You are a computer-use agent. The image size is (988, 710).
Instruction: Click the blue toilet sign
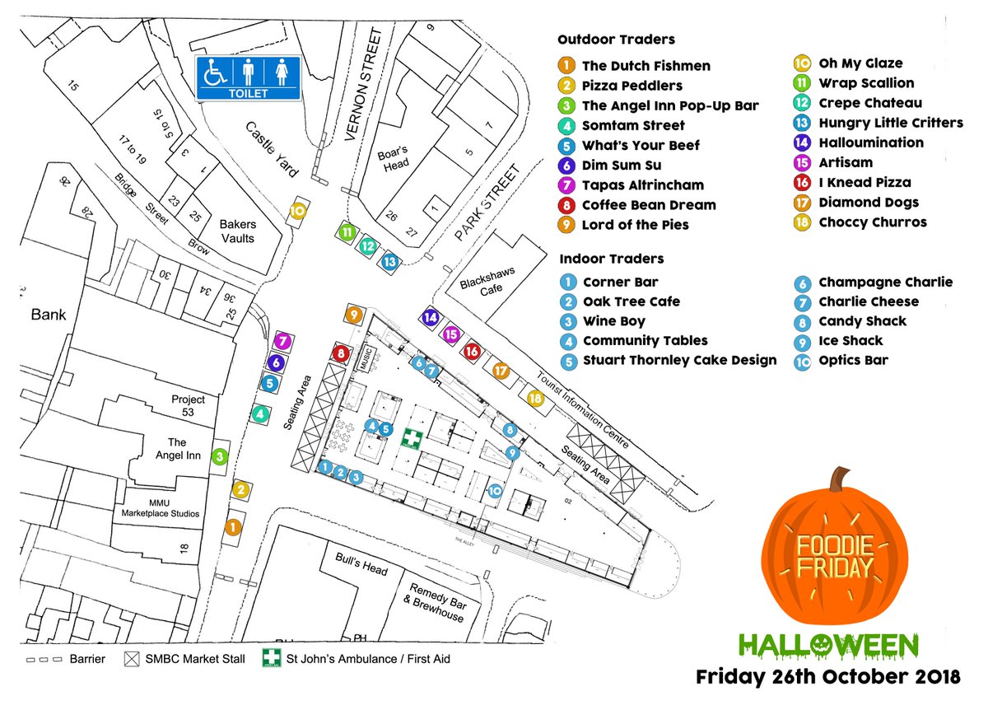248,79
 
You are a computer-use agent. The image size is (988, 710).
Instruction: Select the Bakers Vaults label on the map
237,231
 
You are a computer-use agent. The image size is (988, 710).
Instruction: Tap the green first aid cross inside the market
409,438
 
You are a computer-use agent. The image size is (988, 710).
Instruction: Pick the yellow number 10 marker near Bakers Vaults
297,211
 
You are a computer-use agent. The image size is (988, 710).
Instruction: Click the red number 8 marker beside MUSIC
341,354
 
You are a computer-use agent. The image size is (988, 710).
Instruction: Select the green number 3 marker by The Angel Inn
220,456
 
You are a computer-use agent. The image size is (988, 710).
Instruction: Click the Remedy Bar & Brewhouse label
433,609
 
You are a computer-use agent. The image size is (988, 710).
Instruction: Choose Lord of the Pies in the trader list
635,225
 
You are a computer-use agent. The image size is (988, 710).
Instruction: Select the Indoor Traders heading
611,259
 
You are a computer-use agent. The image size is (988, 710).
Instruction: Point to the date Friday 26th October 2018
827,678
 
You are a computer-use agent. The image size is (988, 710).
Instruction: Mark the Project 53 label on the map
188,406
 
